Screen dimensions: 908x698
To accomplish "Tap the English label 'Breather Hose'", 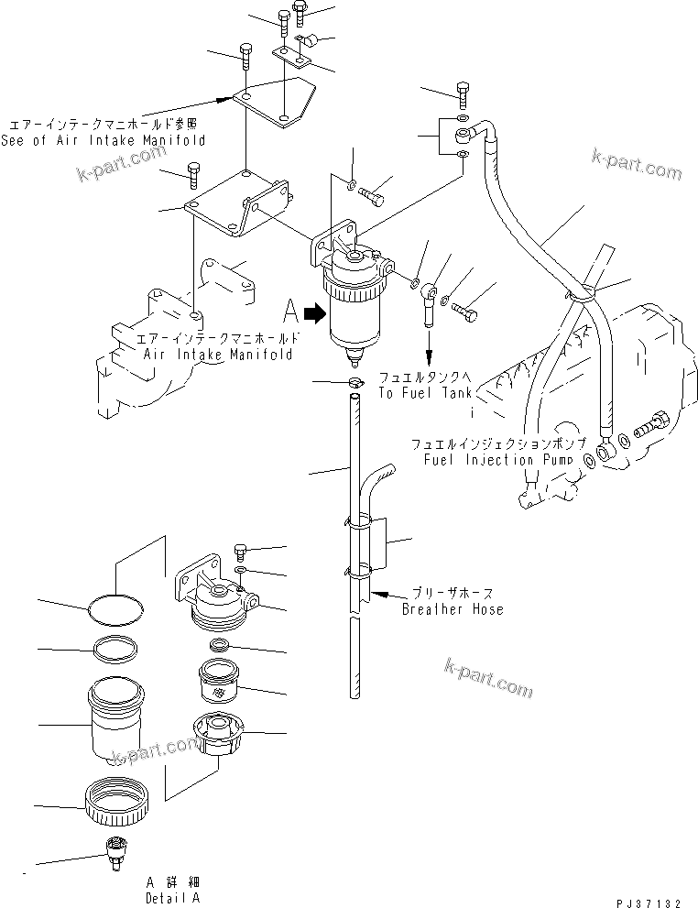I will pyautogui.click(x=453, y=609).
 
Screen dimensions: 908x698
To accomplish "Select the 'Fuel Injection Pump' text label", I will pyautogui.click(x=497, y=459).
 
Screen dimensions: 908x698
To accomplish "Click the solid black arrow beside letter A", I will pyautogui.click(x=314, y=314).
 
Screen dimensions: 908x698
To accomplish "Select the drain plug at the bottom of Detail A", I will pyautogui.click(x=115, y=851).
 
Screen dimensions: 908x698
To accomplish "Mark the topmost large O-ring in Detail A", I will pyautogui.click(x=117, y=608).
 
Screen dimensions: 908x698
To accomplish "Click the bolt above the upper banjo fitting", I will pyautogui.click(x=462, y=93).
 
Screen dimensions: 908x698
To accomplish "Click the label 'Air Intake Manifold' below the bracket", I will pyautogui.click(x=218, y=354).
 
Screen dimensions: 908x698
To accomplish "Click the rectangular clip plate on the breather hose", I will pyautogui.click(x=381, y=548).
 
